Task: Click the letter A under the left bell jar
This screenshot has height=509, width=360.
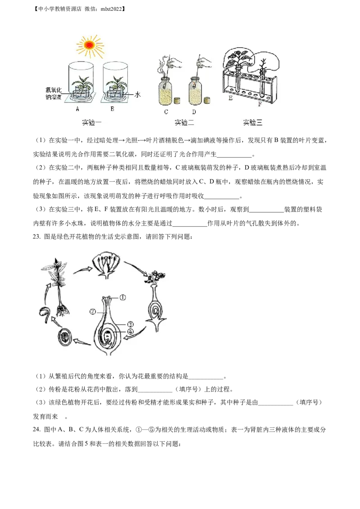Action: [x=77, y=109]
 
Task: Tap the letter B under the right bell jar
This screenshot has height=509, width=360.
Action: [x=112, y=109]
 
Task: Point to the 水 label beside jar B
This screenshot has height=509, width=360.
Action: [x=137, y=94]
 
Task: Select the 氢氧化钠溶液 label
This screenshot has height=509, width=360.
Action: [x=54, y=93]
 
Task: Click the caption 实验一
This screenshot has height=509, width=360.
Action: [x=92, y=122]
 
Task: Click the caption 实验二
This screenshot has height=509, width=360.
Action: [x=184, y=122]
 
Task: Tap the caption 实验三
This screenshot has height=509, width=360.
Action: [x=252, y=122]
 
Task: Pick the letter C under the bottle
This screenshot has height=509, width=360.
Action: [x=166, y=112]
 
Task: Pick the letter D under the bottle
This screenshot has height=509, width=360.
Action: [x=194, y=112]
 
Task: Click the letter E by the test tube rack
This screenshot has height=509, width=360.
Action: [x=230, y=98]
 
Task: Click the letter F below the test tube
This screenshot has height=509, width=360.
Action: [x=260, y=104]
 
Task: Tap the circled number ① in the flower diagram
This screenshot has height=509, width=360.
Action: [x=122, y=297]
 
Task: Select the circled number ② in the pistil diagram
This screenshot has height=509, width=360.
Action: [x=93, y=312]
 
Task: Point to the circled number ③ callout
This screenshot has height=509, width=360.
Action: [x=130, y=324]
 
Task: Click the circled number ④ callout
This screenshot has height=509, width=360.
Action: [x=130, y=332]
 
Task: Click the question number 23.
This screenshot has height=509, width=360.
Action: [x=37, y=237]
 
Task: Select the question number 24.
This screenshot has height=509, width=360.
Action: [x=37, y=429]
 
